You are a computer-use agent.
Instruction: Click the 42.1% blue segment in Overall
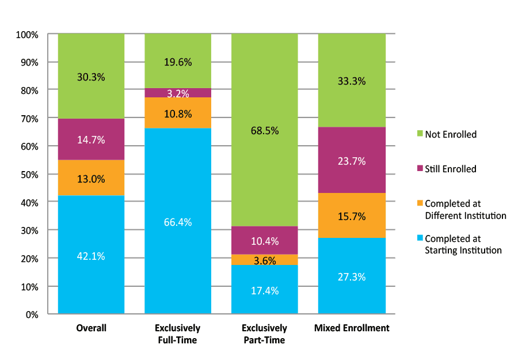[x=91, y=255]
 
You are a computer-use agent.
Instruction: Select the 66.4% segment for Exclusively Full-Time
[x=178, y=222]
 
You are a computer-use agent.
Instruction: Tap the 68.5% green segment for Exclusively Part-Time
[x=265, y=130]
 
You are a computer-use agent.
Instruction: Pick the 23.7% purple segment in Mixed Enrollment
[x=352, y=161]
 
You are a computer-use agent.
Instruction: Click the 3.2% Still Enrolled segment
[x=178, y=93]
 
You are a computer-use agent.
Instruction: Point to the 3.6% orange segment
[x=265, y=260]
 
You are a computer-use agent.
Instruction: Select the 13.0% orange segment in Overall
[x=91, y=178]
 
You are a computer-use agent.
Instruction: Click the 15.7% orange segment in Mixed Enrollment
[x=352, y=216]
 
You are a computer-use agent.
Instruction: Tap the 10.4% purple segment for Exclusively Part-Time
[x=265, y=240]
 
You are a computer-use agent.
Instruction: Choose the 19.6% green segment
[x=178, y=61]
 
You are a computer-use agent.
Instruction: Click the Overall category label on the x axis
[x=91, y=328]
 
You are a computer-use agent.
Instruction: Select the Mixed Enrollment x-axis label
[x=352, y=328]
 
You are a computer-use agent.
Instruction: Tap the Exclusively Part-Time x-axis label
[x=265, y=334]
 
